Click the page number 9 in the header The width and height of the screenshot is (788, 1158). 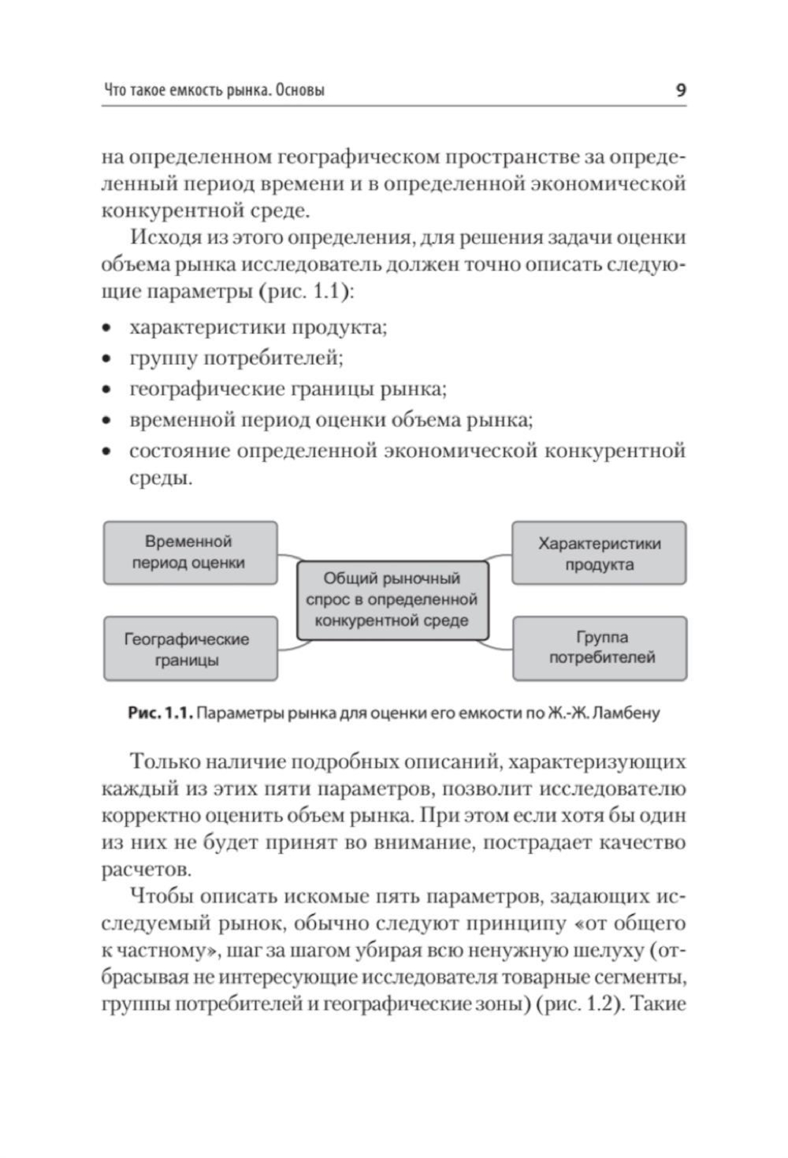tap(681, 90)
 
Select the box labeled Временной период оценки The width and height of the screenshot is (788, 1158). tap(190, 553)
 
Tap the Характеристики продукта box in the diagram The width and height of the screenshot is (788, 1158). tap(599, 553)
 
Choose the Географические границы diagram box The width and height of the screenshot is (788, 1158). tap(190, 650)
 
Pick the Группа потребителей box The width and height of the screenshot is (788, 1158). tap(600, 648)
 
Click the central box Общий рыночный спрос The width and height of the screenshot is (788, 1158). tap(392, 600)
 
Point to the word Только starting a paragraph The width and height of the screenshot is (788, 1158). tap(165, 762)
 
